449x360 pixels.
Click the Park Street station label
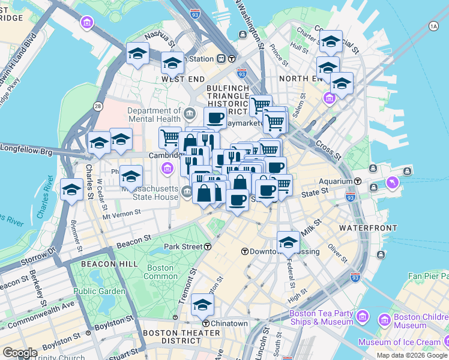pos(184,247)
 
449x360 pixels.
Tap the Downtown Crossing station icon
pos(245,251)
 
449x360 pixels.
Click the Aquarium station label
pos(336,181)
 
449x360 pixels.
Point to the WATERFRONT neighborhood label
pos(367,228)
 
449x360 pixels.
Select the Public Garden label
pos(100,291)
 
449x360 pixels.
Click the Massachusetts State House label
pos(150,193)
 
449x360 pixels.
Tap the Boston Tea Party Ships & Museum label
pos(321,317)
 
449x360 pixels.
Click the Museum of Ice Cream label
pos(399,342)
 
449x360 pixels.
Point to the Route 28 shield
pos(97,106)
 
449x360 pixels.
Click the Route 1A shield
pos(433,26)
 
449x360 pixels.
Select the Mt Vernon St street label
pos(121,212)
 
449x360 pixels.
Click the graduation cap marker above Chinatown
pos(202,305)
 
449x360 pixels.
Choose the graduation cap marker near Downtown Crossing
pos(288,242)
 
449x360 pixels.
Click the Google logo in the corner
pos(20,353)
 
